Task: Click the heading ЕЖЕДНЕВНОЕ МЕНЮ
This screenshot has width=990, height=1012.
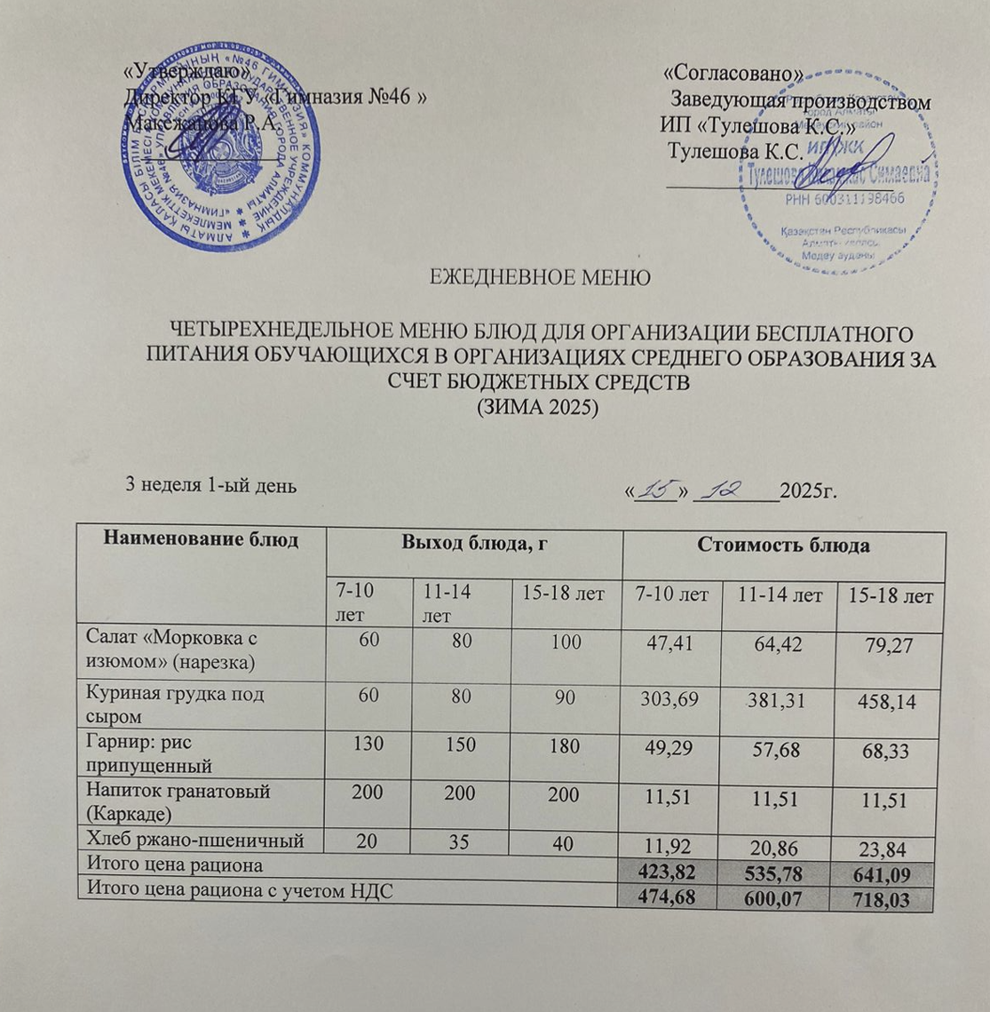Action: coord(541,276)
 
